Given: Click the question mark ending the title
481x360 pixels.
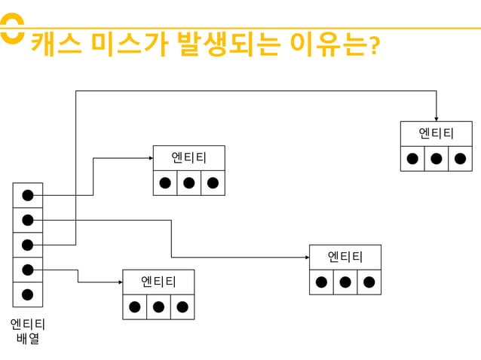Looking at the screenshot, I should tap(372, 47).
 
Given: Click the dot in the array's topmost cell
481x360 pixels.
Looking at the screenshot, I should tap(28, 195).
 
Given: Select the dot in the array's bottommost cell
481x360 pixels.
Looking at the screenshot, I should tap(28, 294).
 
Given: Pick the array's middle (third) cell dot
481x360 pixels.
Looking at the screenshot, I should tap(28, 245).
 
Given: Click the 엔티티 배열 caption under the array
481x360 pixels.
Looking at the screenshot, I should tap(28, 331).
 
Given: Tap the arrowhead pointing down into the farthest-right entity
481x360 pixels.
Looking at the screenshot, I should tap(437, 117).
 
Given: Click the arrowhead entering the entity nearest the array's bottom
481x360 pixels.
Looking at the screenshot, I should tap(119, 282).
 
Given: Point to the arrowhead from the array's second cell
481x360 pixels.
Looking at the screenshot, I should tap(305, 258).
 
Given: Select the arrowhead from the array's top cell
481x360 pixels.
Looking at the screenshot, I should tap(149, 158).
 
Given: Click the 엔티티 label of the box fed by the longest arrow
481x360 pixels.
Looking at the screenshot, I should tap(437, 134).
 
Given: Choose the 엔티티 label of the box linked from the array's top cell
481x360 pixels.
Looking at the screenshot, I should tap(188, 158).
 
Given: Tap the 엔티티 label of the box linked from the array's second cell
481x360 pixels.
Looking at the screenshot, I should tap(345, 258).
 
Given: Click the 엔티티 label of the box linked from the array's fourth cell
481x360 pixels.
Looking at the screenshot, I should tap(158, 282).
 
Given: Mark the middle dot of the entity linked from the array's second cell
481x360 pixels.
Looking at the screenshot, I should tap(345, 282).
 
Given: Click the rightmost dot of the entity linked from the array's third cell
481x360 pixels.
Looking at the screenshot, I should tap(460, 158).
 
